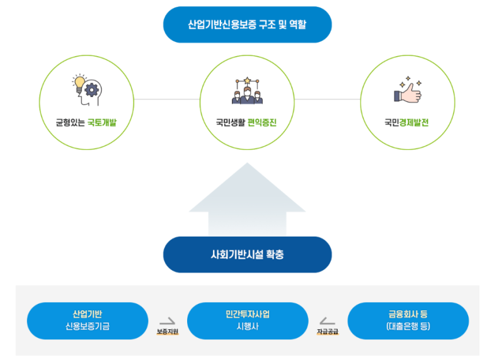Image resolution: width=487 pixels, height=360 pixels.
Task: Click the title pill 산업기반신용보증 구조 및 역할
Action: tap(247, 25)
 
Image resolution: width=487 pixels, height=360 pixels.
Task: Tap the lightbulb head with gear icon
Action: tap(86, 90)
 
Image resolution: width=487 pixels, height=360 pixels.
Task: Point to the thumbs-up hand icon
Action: tap(408, 92)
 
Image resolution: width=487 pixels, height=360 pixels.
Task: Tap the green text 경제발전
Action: tap(414, 123)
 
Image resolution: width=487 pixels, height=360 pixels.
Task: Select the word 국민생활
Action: tap(231, 123)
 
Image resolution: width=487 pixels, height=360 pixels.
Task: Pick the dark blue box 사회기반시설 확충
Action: tap(247, 255)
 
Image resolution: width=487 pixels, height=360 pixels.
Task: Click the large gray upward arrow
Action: tap(247, 201)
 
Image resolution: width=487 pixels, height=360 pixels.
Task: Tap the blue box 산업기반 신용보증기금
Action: tap(88, 320)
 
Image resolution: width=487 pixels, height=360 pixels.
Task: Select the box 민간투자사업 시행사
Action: tap(248, 320)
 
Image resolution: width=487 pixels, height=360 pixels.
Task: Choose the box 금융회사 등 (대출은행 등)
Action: tap(408, 320)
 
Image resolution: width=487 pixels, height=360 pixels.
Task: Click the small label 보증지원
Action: tap(168, 331)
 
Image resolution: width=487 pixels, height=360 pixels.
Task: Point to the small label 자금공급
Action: tap(328, 331)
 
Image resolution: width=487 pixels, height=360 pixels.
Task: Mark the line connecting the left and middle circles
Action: tap(167, 99)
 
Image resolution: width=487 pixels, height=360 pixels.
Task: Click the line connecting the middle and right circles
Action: tap(327, 99)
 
